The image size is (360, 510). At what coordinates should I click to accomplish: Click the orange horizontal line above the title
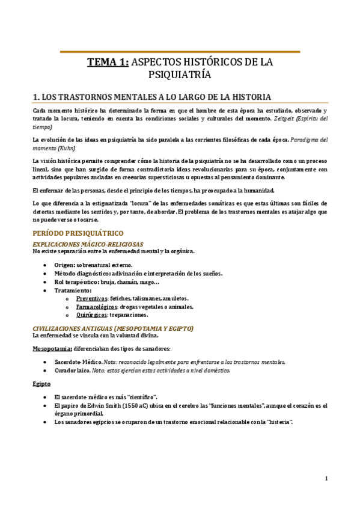180,52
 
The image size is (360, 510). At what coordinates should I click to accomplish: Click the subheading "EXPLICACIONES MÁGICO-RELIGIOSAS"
87,227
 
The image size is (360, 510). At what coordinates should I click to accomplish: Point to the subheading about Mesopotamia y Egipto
113,328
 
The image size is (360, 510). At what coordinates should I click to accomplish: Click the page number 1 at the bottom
326,479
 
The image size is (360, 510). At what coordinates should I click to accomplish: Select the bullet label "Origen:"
66,248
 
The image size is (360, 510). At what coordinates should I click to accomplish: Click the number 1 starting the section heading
35,97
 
